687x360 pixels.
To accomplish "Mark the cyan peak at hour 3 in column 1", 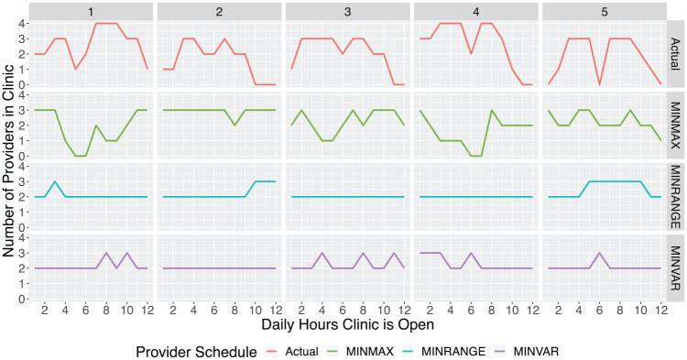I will (x=56, y=182).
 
